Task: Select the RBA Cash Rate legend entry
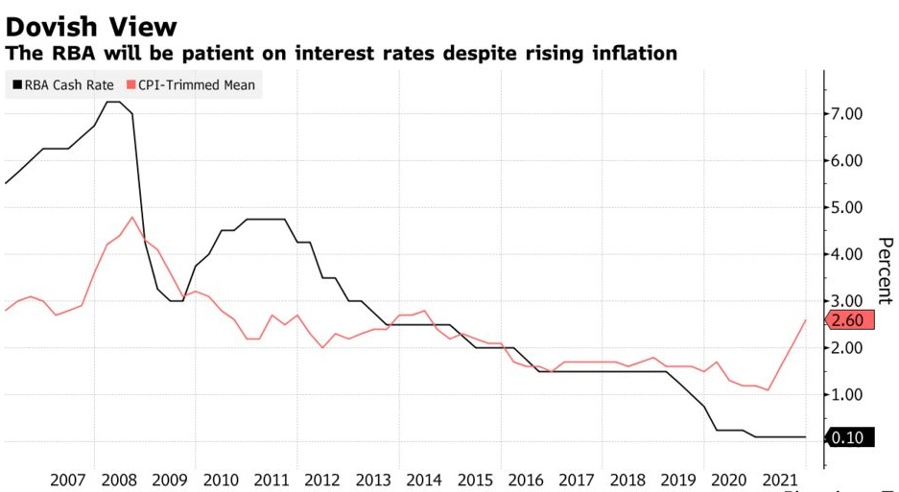tap(65, 85)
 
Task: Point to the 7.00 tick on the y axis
tap(852, 115)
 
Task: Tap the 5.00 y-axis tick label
tap(852, 208)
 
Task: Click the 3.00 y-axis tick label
tap(852, 301)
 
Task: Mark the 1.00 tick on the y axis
tap(852, 395)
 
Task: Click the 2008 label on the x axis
tap(120, 478)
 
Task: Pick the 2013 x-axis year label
tap(372, 478)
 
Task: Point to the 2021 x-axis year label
tap(777, 478)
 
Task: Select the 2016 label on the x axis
tap(524, 478)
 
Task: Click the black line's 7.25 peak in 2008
tap(112, 102)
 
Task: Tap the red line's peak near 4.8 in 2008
tap(132, 217)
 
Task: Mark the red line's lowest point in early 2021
tap(769, 389)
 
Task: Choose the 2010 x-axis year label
tap(221, 478)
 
